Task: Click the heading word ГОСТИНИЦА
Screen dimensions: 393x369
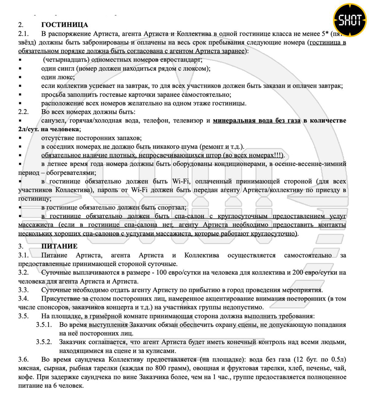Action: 65,25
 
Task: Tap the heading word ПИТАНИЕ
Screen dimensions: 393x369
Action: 59,246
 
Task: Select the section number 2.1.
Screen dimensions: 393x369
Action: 23,33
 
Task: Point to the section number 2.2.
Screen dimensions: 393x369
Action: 23,112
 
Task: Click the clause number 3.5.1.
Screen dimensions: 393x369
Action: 44,325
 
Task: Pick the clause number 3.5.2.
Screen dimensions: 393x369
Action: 44,342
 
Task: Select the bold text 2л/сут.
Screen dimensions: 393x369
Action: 28,129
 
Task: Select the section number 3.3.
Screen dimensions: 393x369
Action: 23,290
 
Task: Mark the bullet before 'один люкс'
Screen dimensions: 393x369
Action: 20,77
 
